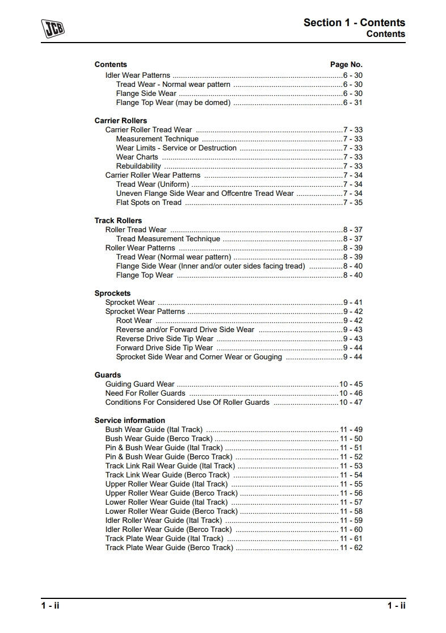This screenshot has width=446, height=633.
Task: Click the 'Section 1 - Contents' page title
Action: coord(354,23)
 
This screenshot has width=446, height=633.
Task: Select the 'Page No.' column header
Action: coord(346,65)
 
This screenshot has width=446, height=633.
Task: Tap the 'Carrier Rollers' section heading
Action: coord(120,121)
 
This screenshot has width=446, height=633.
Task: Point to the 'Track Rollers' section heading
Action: coord(118,221)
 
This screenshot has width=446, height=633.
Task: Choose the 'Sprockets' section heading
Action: coord(112,294)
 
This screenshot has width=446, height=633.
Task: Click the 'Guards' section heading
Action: coord(108,375)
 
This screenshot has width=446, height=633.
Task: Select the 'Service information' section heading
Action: coord(129,421)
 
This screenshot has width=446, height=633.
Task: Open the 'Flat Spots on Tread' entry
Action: coord(149,203)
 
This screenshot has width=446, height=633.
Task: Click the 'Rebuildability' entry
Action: coord(138,166)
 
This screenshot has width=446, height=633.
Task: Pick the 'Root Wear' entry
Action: coord(134,321)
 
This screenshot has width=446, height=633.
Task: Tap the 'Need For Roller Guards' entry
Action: coord(145,393)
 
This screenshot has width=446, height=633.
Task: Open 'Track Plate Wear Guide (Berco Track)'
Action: coord(169,548)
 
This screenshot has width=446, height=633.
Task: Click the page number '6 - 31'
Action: coord(352,103)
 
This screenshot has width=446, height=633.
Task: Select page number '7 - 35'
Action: coord(352,203)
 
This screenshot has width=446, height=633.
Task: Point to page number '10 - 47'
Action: coord(351,403)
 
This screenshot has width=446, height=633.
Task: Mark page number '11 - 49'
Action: coord(351,430)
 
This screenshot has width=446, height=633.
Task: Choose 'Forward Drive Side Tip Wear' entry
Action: coord(165,348)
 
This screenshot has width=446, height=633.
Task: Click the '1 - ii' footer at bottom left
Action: coord(50,606)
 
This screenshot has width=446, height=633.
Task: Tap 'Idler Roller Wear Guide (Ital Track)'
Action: coord(163,521)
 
